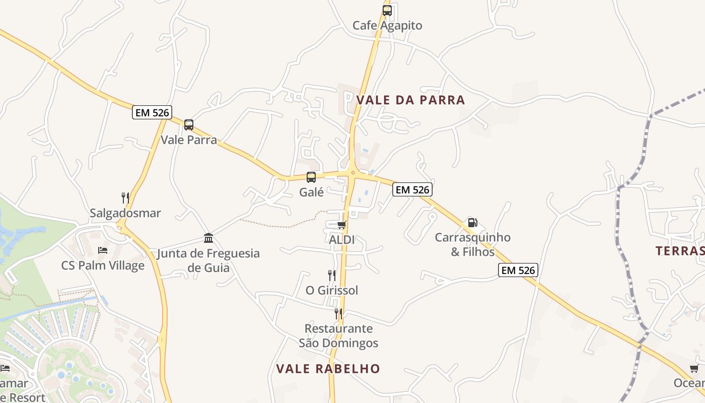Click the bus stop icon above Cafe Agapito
click(x=387, y=10)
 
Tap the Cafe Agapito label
click(x=387, y=25)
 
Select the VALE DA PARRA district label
click(x=410, y=100)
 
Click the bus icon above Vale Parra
click(x=189, y=124)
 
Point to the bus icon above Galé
click(x=311, y=177)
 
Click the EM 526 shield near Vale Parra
click(x=152, y=112)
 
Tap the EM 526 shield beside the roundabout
click(x=412, y=189)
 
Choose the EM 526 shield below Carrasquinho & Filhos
click(x=518, y=270)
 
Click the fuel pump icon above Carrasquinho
click(x=472, y=222)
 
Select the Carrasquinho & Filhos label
click(x=472, y=244)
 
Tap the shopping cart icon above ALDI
click(x=342, y=225)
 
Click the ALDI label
click(x=341, y=240)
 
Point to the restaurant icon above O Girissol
click(x=331, y=275)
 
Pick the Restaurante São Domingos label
click(x=338, y=336)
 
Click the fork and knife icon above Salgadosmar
click(x=125, y=197)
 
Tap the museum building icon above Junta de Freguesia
click(x=208, y=238)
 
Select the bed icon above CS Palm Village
click(x=103, y=250)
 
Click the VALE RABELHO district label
click(x=328, y=369)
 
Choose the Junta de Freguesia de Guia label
click(x=208, y=260)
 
